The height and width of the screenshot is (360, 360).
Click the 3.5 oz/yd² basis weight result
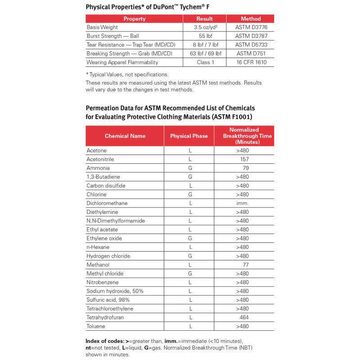click(204, 27)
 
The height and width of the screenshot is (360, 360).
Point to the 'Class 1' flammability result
click(204, 62)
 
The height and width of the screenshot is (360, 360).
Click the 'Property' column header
click(135, 19)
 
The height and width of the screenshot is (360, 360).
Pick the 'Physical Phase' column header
click(189, 136)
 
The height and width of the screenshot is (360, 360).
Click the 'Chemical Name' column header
click(125, 136)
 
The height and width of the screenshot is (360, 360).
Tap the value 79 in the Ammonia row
click(246, 168)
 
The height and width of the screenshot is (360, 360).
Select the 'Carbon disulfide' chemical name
click(106, 186)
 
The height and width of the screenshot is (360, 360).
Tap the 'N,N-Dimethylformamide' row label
click(116, 221)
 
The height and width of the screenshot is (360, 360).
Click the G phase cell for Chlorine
click(190, 194)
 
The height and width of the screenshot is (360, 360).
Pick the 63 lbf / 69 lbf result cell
click(204, 54)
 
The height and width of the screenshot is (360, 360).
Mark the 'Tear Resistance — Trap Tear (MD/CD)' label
click(131, 45)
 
